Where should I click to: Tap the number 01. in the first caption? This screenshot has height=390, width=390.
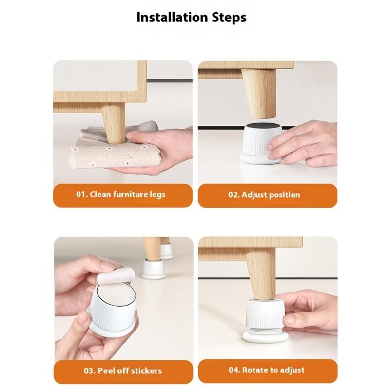tap(81, 195)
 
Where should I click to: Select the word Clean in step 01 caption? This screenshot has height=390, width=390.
tap(100, 195)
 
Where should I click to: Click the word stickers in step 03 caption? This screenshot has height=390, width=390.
tap(145, 370)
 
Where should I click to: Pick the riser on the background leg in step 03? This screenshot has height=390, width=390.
tap(153, 269)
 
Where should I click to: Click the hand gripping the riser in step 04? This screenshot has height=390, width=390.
tap(310, 312)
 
